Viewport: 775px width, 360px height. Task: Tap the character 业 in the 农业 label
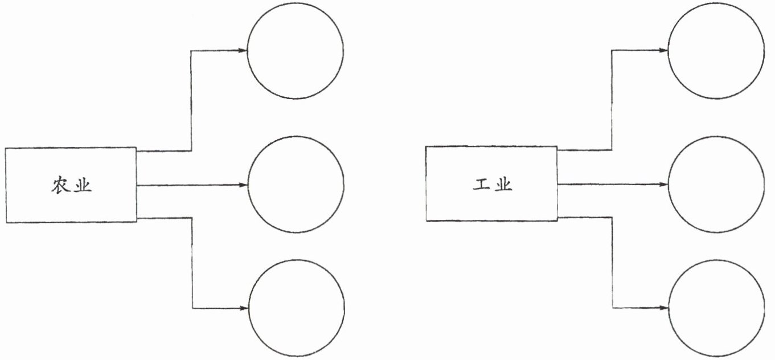pyautogui.click(x=83, y=186)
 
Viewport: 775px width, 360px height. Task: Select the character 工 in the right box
pyautogui.click(x=482, y=185)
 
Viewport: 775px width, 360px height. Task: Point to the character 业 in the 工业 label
pyautogui.click(x=503, y=185)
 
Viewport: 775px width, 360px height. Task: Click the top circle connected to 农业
pyautogui.click(x=296, y=51)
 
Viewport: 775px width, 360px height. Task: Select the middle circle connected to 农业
pyautogui.click(x=296, y=185)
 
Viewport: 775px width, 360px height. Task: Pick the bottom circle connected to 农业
pyautogui.click(x=296, y=308)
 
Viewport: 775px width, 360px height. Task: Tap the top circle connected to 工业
pyautogui.click(x=716, y=50)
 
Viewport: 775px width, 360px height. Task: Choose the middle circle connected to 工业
pyautogui.click(x=716, y=184)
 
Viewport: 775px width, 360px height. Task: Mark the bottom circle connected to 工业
pyautogui.click(x=716, y=308)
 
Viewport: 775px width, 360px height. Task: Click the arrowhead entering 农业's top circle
pyautogui.click(x=243, y=51)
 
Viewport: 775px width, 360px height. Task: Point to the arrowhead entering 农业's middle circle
pyautogui.click(x=243, y=185)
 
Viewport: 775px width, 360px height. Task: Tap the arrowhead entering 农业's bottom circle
pyautogui.click(x=243, y=309)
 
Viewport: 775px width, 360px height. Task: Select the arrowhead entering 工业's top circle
pyautogui.click(x=663, y=50)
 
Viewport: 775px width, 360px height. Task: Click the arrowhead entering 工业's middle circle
pyautogui.click(x=663, y=185)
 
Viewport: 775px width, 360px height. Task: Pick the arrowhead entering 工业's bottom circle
pyautogui.click(x=663, y=308)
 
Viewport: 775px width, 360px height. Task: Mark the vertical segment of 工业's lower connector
pyautogui.click(x=612, y=263)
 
